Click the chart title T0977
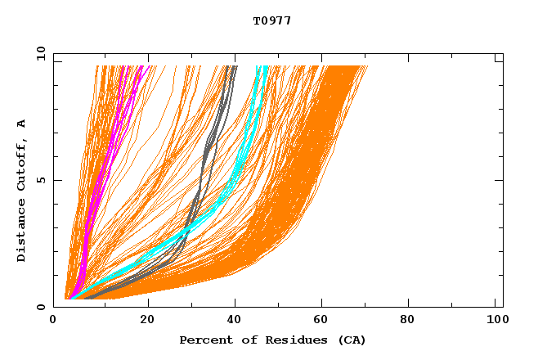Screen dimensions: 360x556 pyautogui.click(x=272, y=20)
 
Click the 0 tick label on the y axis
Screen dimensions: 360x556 pyautogui.click(x=41, y=307)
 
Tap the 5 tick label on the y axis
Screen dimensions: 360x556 pyautogui.click(x=41, y=180)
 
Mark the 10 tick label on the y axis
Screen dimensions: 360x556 pyautogui.click(x=41, y=53)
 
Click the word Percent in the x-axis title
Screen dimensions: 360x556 pyautogui.click(x=203, y=340)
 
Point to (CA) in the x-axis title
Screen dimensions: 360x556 pyautogui.click(x=352, y=340)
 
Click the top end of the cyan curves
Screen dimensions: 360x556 pyautogui.click(x=262, y=67)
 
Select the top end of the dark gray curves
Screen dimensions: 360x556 pyautogui.click(x=233, y=67)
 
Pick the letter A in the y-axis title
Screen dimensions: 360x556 pyautogui.click(x=21, y=124)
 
